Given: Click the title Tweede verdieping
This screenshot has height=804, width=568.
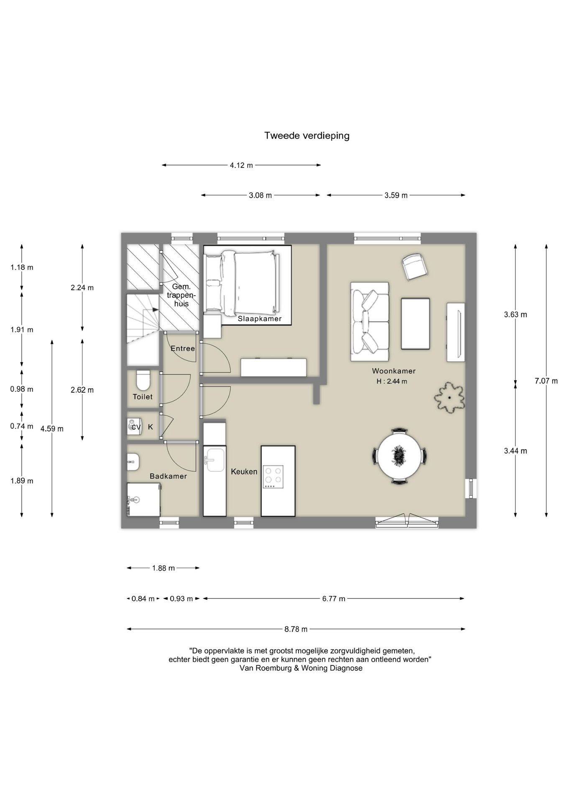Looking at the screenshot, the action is [307, 136].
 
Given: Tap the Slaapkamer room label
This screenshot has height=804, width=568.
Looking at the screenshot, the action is [260, 319].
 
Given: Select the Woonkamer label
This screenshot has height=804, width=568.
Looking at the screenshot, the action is [394, 371].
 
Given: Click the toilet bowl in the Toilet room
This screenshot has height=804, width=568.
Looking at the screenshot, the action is [143, 380].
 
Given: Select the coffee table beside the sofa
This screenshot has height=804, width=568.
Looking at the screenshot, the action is [415, 323].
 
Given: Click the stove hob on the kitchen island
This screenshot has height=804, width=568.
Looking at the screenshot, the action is [273, 477].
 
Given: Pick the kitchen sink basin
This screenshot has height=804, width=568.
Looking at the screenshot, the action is [215, 460].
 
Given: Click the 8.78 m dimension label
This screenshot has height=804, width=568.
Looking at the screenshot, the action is [296, 629].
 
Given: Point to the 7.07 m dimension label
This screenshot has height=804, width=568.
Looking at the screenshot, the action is [546, 381].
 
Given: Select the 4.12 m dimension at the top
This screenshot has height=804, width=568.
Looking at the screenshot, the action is [241, 165].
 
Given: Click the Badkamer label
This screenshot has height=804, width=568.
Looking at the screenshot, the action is [168, 477].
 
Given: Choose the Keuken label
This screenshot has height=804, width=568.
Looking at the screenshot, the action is [244, 472].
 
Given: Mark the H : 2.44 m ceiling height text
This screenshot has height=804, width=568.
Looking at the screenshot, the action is [392, 381].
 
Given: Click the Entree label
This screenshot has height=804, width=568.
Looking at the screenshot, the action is [183, 349].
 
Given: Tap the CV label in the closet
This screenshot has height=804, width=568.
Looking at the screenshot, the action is [136, 428].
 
